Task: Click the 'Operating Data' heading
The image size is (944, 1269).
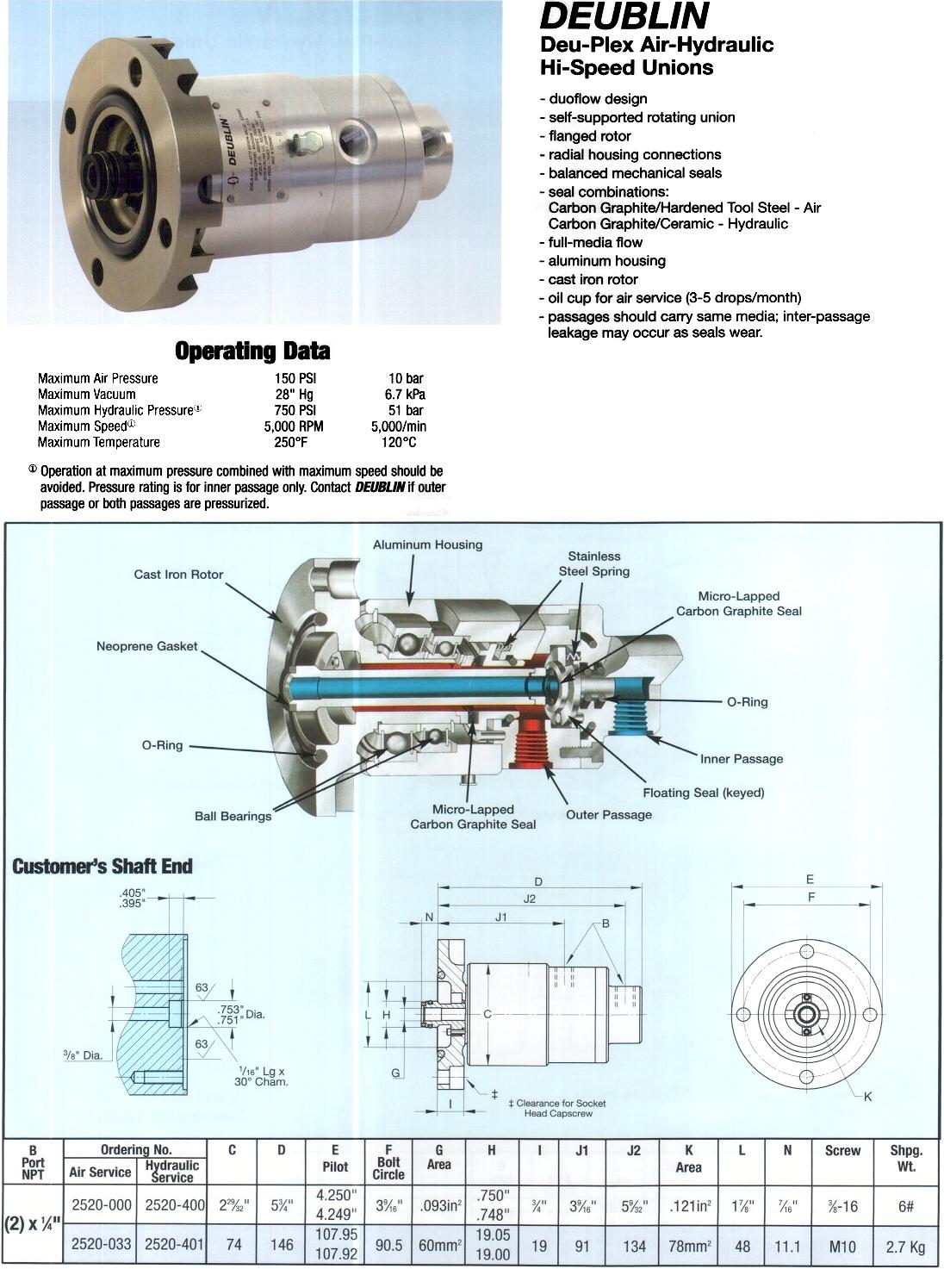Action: pos(252,351)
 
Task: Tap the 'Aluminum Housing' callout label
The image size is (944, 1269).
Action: pos(427,544)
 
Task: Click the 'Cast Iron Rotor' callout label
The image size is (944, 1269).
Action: pos(178,575)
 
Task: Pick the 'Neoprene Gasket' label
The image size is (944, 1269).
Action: pos(146,646)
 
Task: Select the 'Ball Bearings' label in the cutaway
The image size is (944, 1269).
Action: pos(233,816)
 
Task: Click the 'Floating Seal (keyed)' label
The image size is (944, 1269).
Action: pos(703,793)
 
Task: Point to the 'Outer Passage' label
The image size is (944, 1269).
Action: pos(608,815)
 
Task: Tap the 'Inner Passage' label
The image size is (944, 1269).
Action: pos(741,759)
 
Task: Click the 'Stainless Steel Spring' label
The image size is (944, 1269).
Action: pos(593,563)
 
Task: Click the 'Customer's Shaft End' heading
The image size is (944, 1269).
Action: pos(102,867)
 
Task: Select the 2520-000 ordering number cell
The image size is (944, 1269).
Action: pos(101,1206)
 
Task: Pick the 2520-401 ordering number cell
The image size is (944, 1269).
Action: pos(172,1246)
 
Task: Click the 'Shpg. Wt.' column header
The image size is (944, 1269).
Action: pos(905,1159)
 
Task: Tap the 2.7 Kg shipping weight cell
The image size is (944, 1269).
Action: pos(905,1246)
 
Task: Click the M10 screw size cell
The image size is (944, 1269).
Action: pos(842,1246)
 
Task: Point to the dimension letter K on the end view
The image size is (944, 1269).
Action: pos(867,1097)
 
